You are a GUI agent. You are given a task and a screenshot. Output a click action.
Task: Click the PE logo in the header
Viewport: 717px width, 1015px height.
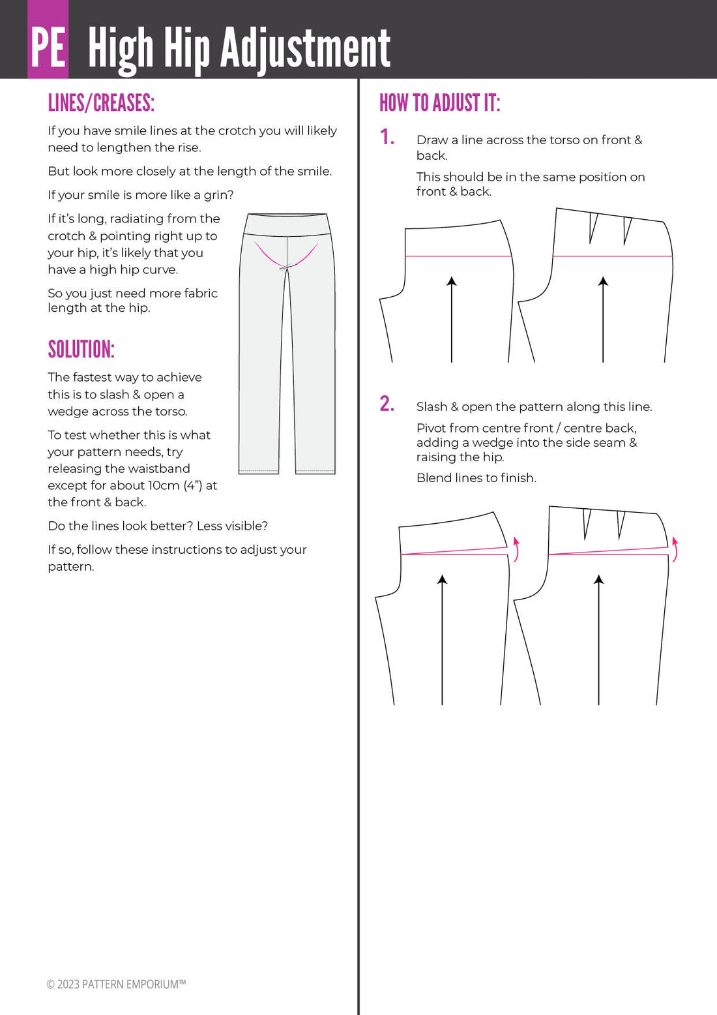pos(48,47)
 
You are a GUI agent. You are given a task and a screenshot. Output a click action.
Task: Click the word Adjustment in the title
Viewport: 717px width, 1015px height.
pos(305,49)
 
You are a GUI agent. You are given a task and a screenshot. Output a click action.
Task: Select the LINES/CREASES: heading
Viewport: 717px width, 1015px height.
pos(101,103)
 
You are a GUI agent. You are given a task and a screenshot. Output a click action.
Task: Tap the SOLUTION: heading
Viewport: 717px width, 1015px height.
pos(81,350)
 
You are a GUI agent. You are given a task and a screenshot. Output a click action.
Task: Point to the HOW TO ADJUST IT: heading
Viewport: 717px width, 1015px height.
pos(439,103)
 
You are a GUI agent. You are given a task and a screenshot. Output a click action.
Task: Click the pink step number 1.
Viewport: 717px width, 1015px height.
pos(387,137)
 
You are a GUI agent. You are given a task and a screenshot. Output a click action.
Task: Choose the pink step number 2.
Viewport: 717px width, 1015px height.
pos(387,404)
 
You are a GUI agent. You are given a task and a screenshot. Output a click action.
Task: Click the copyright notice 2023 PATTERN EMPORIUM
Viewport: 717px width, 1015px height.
pos(116,984)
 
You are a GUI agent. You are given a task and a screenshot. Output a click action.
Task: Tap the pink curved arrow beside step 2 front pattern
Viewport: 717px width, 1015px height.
pos(516,549)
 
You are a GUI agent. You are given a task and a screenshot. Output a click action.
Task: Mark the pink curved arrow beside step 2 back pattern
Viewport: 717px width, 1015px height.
pos(675,549)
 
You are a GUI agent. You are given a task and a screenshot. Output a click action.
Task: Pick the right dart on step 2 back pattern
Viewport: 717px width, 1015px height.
pos(621,523)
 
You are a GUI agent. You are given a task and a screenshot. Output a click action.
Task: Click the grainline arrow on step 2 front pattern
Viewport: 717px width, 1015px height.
pos(443,639)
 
